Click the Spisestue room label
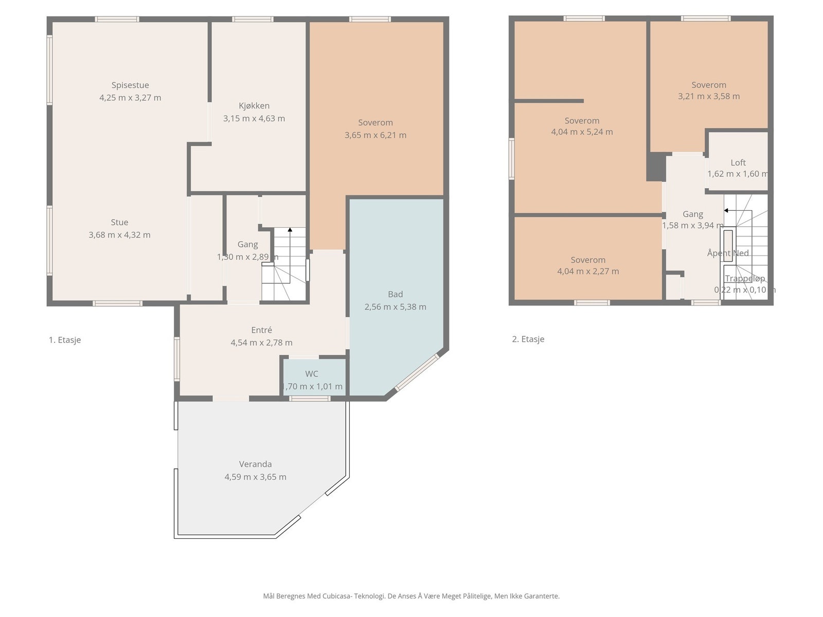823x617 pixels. (130, 85)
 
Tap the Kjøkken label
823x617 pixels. (254, 105)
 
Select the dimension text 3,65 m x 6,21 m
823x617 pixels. (375, 135)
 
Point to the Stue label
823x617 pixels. (120, 222)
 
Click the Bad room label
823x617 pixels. (395, 294)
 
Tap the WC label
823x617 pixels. (312, 373)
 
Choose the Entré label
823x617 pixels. (261, 330)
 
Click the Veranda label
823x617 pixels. (255, 464)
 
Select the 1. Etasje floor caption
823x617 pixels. (65, 340)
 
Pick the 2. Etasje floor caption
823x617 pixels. (528, 339)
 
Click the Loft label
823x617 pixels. (738, 162)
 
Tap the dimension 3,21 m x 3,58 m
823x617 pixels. (709, 96)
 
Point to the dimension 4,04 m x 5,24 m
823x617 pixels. (582, 132)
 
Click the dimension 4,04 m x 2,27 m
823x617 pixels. (588, 271)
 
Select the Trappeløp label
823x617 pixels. (745, 278)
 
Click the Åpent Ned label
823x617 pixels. (728, 253)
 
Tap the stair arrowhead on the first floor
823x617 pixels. (290, 230)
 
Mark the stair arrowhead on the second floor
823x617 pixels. (726, 210)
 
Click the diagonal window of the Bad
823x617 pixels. (417, 372)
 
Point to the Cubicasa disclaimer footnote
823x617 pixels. (411, 596)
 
